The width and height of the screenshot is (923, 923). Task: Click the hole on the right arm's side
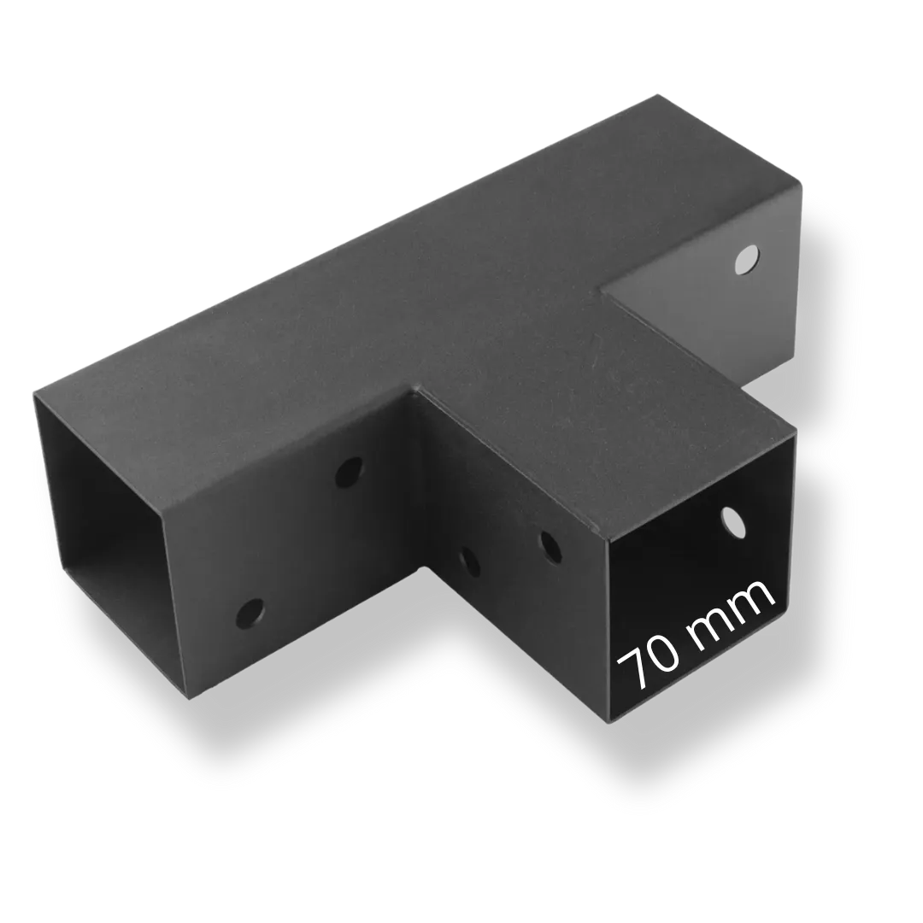tap(747, 260)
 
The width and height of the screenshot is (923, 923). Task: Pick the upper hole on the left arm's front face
tap(349, 472)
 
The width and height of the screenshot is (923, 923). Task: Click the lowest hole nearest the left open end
tap(250, 613)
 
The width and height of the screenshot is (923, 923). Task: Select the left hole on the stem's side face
tap(469, 562)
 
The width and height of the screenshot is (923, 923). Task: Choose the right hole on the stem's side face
tap(550, 548)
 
